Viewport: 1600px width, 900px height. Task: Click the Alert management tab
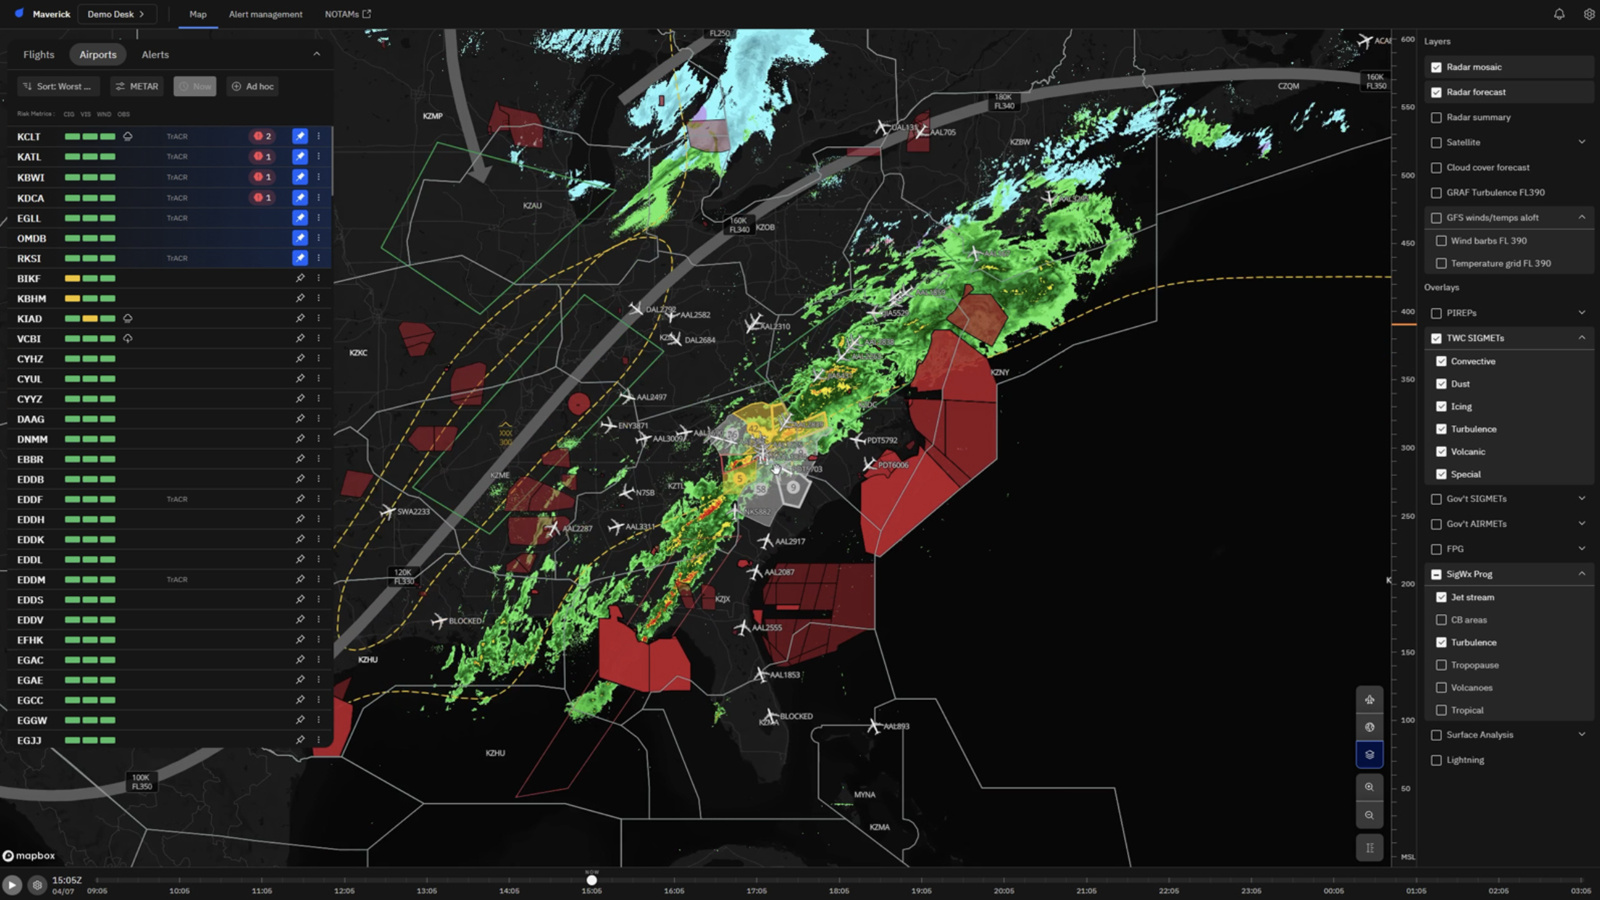pyautogui.click(x=265, y=14)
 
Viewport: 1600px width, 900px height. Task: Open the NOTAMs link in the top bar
pyautogui.click(x=347, y=14)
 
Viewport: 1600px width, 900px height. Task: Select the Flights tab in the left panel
pyautogui.click(x=38, y=54)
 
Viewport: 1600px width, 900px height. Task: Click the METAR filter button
pyautogui.click(x=137, y=86)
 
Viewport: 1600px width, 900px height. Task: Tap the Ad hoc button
pyautogui.click(x=253, y=86)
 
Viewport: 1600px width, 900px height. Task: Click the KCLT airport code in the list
pyautogui.click(x=28, y=137)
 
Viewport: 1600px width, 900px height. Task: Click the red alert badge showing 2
pyautogui.click(x=262, y=136)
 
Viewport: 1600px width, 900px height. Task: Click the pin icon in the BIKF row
pyautogui.click(x=300, y=279)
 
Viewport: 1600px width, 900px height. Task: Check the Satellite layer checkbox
pyautogui.click(x=1436, y=143)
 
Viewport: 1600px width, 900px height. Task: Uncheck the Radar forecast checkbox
pyautogui.click(x=1436, y=93)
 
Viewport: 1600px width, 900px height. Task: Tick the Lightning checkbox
pyautogui.click(x=1436, y=760)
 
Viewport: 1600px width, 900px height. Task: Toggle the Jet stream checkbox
pyautogui.click(x=1441, y=597)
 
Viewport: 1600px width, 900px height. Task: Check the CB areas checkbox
pyautogui.click(x=1441, y=620)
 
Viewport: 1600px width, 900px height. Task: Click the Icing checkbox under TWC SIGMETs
pyautogui.click(x=1441, y=407)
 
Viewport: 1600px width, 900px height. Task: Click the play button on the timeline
pyautogui.click(x=11, y=885)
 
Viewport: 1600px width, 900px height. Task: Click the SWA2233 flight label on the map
pyautogui.click(x=413, y=512)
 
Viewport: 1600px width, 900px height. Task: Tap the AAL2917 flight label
pyautogui.click(x=789, y=542)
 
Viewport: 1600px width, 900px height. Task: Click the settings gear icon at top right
pyautogui.click(x=1589, y=14)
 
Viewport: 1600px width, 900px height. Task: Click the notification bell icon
pyautogui.click(x=1559, y=14)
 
